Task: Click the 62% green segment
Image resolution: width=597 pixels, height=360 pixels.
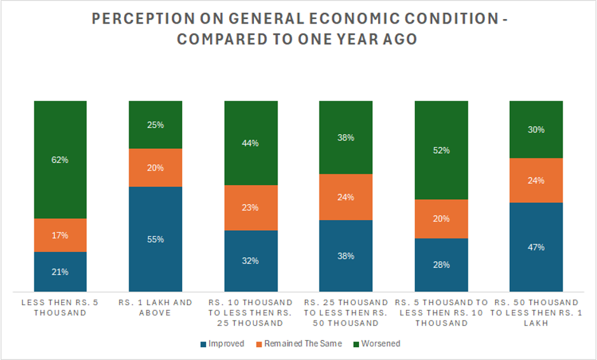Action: point(60,160)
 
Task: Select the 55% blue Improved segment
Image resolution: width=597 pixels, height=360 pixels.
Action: point(155,239)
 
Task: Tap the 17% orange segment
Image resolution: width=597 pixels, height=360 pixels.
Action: point(60,235)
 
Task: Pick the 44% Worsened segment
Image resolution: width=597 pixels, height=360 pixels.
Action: point(251,143)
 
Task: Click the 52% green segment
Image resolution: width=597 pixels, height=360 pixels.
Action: point(441,150)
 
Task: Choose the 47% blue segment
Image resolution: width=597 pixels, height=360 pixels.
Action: point(536,247)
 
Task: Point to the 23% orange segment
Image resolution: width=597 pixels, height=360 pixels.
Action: point(251,207)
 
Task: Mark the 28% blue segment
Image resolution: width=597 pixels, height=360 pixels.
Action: point(441,265)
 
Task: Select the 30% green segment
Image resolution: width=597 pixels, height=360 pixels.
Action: point(536,129)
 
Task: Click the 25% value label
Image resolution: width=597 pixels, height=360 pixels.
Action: point(155,125)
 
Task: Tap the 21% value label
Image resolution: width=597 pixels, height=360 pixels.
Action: point(60,272)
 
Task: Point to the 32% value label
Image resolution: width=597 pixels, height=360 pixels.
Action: point(251,261)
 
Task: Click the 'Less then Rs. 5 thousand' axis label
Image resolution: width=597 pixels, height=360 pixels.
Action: point(60,307)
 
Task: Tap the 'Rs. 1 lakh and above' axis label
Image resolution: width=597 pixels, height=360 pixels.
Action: point(155,307)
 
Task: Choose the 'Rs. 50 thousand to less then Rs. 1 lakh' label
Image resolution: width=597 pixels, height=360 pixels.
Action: point(536,312)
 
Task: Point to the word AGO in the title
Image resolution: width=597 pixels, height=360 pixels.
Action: point(398,39)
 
